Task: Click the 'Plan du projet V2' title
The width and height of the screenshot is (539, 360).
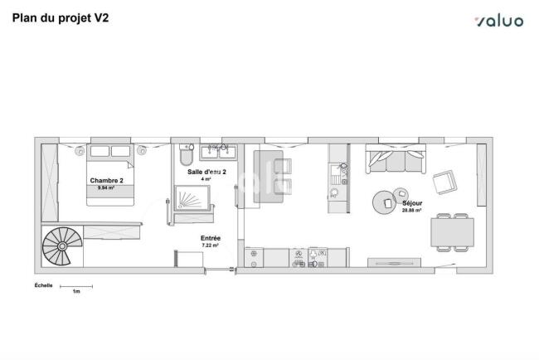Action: (x=61, y=18)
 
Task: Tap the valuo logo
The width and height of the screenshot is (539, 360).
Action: (x=499, y=21)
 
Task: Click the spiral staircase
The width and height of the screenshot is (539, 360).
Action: (x=62, y=246)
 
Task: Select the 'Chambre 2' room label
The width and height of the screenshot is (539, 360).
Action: (x=107, y=181)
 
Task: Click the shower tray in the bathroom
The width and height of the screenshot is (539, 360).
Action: (x=192, y=197)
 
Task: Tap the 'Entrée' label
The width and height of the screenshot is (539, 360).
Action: (x=211, y=238)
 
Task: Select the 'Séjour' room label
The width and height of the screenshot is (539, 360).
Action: (x=412, y=203)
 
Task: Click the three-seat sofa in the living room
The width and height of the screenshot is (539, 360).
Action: (x=396, y=158)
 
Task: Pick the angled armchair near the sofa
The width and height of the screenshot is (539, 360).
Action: (x=444, y=182)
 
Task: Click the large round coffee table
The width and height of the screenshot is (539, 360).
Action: (x=384, y=202)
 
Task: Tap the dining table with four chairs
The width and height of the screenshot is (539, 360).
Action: (x=452, y=232)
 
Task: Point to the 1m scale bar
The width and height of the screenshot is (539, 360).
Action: (x=76, y=286)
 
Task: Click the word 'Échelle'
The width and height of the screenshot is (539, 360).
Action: (x=44, y=285)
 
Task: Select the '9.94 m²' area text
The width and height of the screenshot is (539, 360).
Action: (x=106, y=187)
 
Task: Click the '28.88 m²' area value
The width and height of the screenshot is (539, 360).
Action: (x=412, y=210)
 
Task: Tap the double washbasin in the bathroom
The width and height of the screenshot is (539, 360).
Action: (x=218, y=152)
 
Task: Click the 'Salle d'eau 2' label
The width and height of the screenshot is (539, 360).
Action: (x=206, y=172)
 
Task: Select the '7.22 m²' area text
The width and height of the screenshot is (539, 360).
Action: (x=210, y=246)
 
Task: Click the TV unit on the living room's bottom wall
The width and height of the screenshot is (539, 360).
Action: (x=394, y=263)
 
